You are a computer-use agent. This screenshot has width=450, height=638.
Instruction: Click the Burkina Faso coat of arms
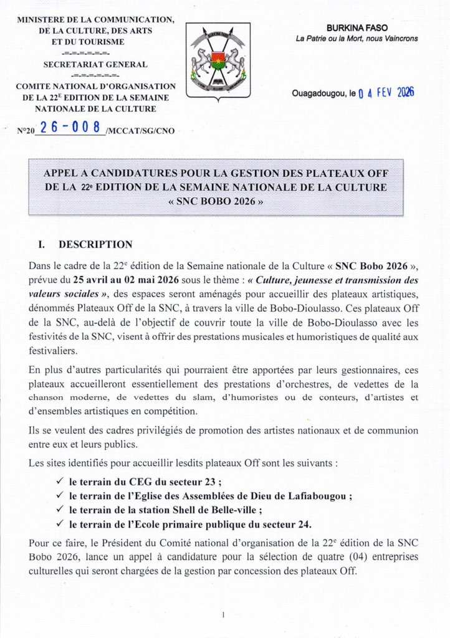click(218, 60)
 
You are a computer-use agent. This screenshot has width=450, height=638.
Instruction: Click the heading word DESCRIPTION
click(95, 244)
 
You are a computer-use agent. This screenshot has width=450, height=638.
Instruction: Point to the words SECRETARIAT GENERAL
click(95, 64)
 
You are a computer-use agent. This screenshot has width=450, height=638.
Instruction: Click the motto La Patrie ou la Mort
click(357, 39)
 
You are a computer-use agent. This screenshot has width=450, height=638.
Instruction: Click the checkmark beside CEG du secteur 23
click(60, 482)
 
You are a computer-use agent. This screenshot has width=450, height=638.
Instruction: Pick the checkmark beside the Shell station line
click(60, 510)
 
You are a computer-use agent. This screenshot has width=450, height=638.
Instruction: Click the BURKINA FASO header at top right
click(357, 28)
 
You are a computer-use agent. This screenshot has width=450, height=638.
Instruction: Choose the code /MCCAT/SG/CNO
click(140, 131)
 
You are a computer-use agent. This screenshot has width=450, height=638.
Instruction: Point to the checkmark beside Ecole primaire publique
click(60, 524)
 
